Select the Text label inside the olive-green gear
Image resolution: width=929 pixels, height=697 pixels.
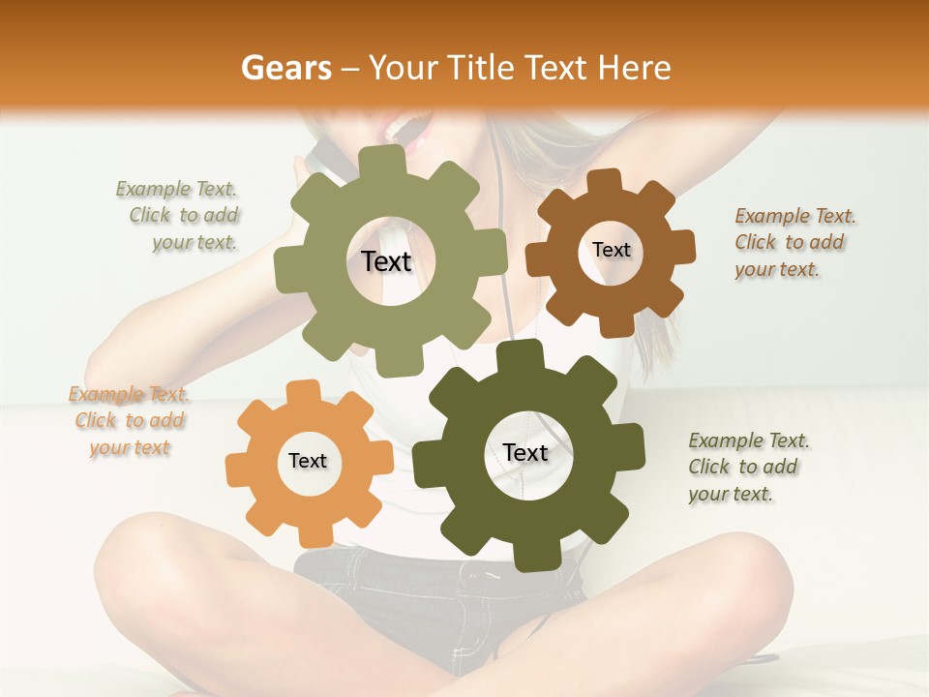pos(386,261)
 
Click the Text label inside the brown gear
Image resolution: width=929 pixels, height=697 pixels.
pos(611,250)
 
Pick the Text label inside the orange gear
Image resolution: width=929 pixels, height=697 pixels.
pos(308,461)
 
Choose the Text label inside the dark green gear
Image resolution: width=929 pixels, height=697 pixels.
pos(525,452)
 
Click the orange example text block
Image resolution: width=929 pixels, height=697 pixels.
pos(129,420)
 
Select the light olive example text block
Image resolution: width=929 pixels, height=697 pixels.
pos(182,215)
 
